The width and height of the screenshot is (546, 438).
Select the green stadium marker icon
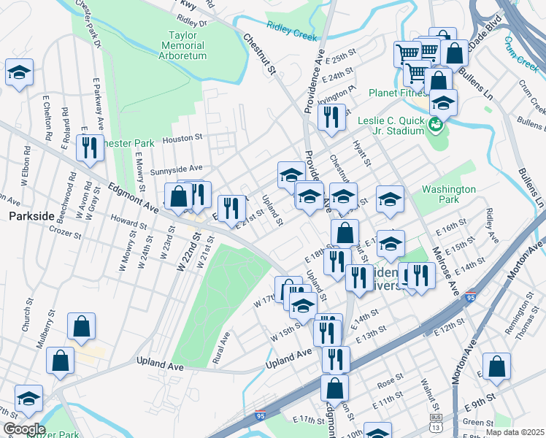(436, 125)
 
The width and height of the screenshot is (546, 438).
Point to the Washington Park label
(449, 193)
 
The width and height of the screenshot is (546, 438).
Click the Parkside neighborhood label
(31, 216)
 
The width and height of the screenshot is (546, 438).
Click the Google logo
(24, 429)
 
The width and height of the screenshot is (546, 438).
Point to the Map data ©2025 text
(515, 431)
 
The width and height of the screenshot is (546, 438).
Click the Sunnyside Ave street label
(176, 169)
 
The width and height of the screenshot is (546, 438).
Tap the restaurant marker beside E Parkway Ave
(90, 148)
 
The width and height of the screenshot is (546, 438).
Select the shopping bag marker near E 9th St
(496, 368)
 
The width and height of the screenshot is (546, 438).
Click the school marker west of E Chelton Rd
(18, 73)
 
